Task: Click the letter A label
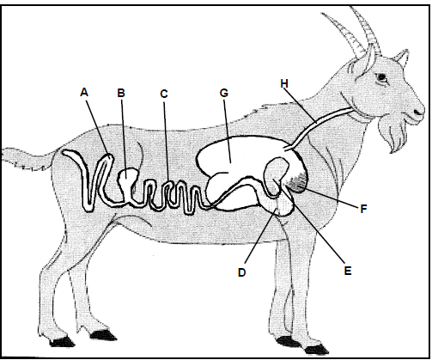pyautogui.click(x=84, y=92)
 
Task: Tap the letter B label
pyautogui.click(x=121, y=93)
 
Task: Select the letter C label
pyautogui.click(x=164, y=94)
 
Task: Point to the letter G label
pyautogui.click(x=224, y=93)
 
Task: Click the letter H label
pyautogui.click(x=284, y=83)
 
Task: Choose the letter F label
pyautogui.click(x=363, y=209)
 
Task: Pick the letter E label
pyautogui.click(x=348, y=271)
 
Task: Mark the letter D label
pyautogui.click(x=242, y=272)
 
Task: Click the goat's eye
pyautogui.click(x=381, y=76)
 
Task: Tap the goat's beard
pyautogui.click(x=392, y=135)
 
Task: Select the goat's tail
pyautogui.click(x=27, y=159)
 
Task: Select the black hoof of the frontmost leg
pyautogui.click(x=316, y=350)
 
